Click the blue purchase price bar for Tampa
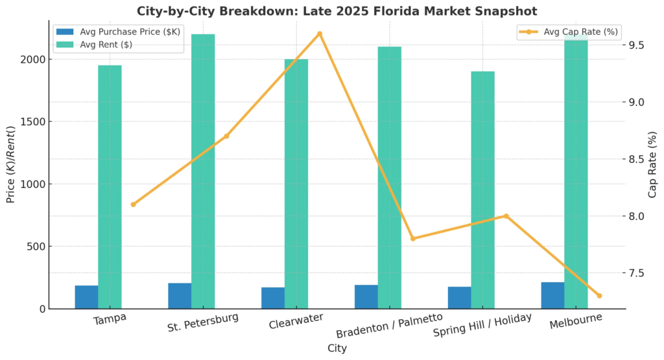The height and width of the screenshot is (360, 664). click(86, 297)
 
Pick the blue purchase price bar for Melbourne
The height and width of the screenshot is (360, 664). click(552, 295)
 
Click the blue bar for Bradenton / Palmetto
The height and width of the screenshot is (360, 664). click(366, 296)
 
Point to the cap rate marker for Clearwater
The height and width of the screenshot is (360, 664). click(320, 34)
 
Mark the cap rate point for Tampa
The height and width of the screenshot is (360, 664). click(133, 204)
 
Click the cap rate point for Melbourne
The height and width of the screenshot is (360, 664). click(599, 296)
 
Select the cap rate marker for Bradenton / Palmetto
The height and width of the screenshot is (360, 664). click(413, 239)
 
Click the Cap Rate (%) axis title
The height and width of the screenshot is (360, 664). click(653, 165)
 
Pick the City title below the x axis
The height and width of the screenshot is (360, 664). click(337, 348)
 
